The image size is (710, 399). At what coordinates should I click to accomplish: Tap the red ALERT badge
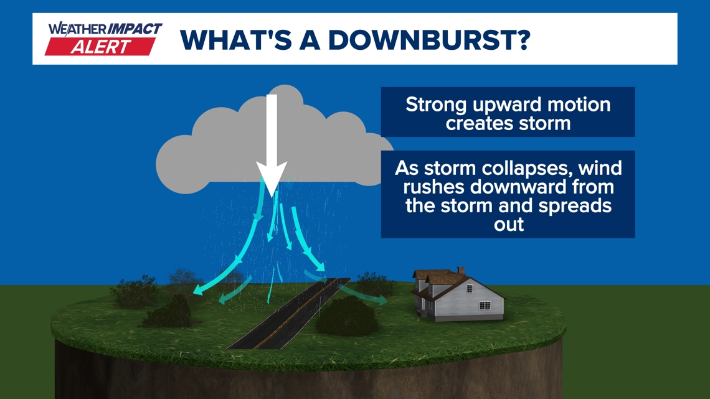click(x=100, y=47)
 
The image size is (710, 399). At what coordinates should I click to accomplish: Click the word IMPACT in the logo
click(x=134, y=29)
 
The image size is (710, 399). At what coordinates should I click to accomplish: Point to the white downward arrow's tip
click(x=272, y=197)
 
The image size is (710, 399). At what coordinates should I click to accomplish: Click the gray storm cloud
click(x=272, y=145)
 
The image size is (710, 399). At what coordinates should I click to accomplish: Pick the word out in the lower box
click(x=508, y=224)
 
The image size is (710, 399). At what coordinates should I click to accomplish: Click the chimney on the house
click(x=461, y=270)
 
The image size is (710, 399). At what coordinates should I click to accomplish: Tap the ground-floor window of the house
click(x=484, y=306)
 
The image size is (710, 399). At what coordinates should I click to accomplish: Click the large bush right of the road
click(x=347, y=316)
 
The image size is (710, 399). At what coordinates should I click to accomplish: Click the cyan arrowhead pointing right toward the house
click(x=382, y=300)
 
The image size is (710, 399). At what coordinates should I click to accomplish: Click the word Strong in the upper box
click(x=436, y=106)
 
